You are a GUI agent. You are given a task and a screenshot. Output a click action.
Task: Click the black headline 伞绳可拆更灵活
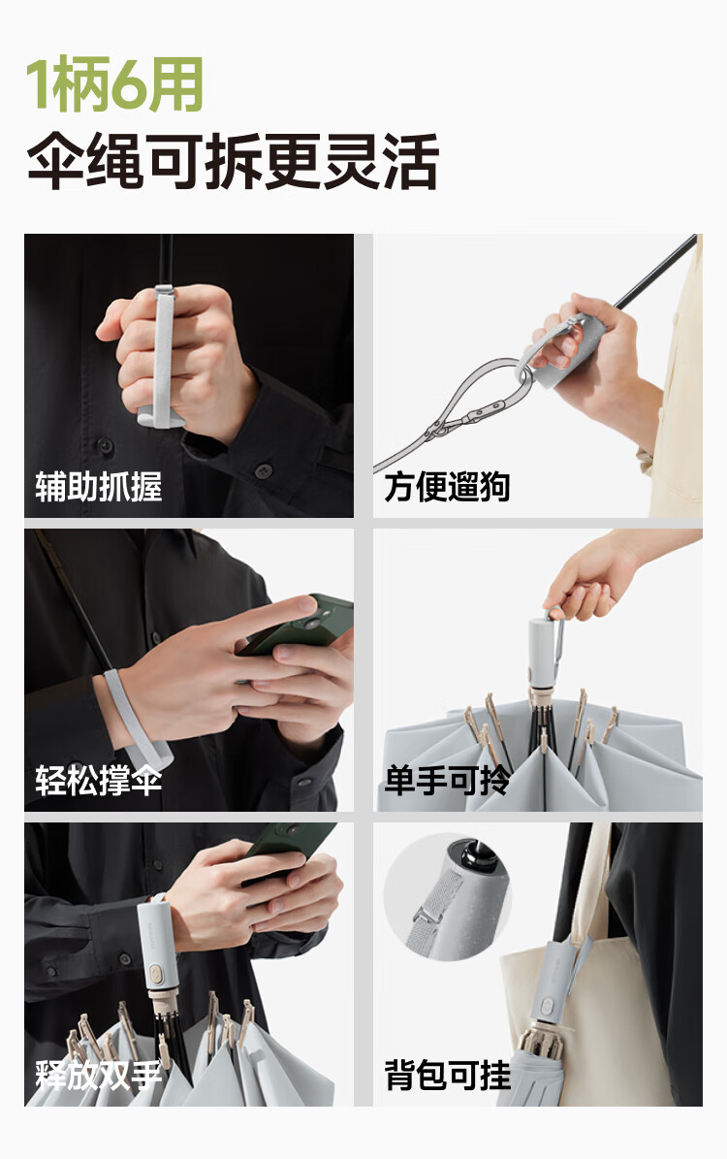233,161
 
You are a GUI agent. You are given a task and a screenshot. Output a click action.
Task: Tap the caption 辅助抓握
98,487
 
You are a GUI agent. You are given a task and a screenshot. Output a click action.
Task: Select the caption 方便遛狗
447,487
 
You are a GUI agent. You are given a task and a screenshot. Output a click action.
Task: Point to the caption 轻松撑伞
98,781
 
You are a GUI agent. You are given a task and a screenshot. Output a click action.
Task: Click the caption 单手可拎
447,781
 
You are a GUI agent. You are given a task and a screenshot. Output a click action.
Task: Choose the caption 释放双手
98,1075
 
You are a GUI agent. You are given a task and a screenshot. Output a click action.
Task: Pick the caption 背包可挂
447,1075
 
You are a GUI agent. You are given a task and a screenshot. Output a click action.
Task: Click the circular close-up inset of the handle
448,899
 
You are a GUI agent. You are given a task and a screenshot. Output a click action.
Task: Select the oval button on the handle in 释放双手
157,973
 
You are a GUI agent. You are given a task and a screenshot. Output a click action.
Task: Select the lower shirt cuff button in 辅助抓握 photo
264,470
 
